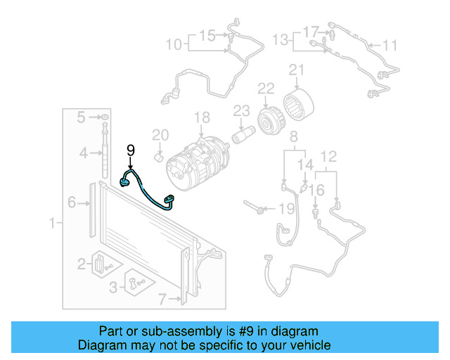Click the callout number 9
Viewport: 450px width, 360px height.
coord(130,150)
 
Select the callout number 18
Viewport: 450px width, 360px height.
coord(202,117)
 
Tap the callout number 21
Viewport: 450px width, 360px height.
coord(296,70)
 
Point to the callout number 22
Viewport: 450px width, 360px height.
coord(265,88)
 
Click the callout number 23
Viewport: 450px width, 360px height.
coord(241,110)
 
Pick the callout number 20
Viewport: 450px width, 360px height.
coord(160,135)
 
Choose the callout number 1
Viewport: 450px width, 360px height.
coord(51,224)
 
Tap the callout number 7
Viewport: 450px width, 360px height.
coord(163,300)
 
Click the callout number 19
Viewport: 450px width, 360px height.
coord(285,209)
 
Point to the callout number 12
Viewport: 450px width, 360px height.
coord(328,156)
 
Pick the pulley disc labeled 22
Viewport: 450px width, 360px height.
coord(268,120)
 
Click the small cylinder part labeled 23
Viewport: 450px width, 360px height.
coord(245,133)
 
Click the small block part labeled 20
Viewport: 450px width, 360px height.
coord(160,157)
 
